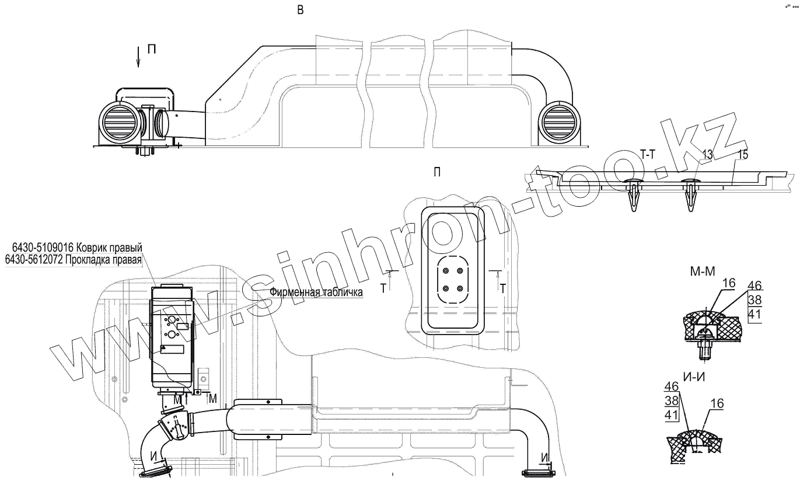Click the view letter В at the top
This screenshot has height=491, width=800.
click(x=300, y=10)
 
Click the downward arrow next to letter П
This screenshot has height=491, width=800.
click(x=138, y=57)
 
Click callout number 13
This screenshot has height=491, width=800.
click(x=707, y=155)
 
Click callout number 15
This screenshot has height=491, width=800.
click(x=743, y=155)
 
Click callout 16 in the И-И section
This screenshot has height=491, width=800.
click(x=717, y=403)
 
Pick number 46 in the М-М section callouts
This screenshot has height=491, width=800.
click(x=754, y=285)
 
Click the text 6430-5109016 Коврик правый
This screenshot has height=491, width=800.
click(x=73, y=248)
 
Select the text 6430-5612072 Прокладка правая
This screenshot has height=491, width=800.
click(x=73, y=259)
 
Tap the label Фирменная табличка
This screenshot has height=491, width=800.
click(x=316, y=292)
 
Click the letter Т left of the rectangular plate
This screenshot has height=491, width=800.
click(x=383, y=287)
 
